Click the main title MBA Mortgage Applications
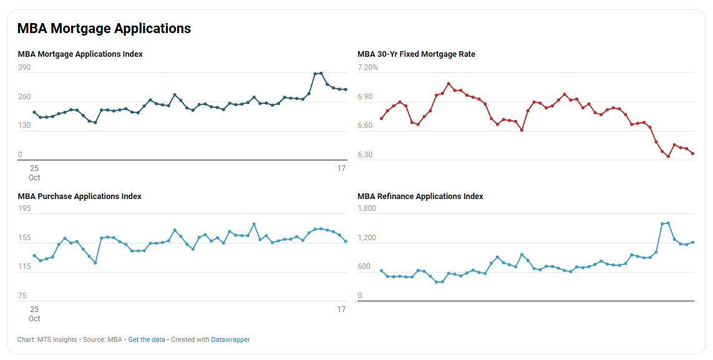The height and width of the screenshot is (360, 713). [x=104, y=29]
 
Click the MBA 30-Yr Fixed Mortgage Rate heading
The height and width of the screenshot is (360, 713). [x=416, y=54]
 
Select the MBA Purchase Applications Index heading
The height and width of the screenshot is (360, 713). [x=79, y=197]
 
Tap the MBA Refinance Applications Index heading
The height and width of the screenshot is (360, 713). [x=420, y=197]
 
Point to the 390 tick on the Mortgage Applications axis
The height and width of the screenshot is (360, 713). [x=24, y=67]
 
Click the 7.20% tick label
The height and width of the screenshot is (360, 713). [x=367, y=67]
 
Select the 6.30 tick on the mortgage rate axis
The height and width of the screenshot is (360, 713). [x=365, y=155]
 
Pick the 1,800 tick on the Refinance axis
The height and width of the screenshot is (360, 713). [x=367, y=208]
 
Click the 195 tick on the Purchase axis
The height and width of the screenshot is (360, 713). [x=24, y=208]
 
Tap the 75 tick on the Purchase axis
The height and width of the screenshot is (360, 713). [x=22, y=296]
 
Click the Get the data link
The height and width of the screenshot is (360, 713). [x=147, y=340]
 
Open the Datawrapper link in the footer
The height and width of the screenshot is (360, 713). [x=230, y=340]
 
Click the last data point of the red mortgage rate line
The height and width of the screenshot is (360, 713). [x=693, y=153]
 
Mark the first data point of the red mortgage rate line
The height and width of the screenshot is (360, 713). [x=381, y=119]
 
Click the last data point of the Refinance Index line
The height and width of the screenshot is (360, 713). [x=693, y=243]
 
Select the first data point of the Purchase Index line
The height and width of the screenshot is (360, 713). [x=34, y=256]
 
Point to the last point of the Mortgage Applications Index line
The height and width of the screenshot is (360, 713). [x=346, y=90]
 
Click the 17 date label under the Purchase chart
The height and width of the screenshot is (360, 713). [x=341, y=309]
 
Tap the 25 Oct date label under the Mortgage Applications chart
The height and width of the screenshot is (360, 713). [x=34, y=173]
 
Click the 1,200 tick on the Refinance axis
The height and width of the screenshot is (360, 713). [x=367, y=238]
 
